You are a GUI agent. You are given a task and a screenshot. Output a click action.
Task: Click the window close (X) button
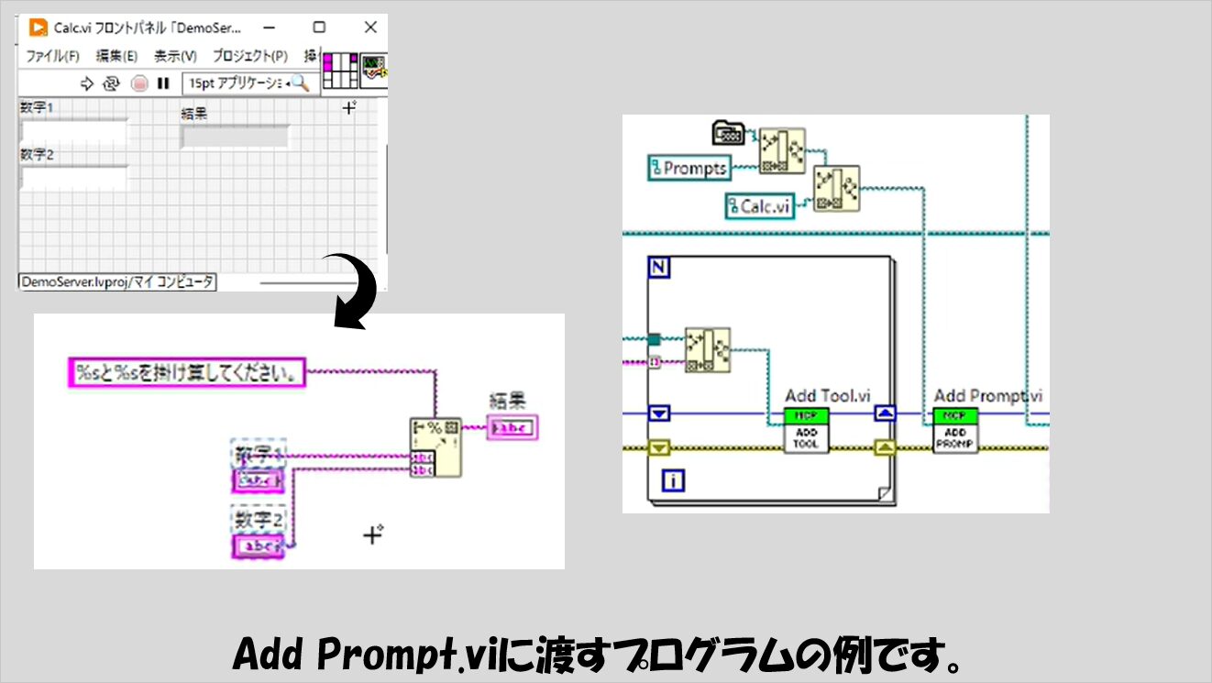pos(369,28)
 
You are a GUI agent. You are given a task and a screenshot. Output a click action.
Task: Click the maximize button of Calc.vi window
pos(319,28)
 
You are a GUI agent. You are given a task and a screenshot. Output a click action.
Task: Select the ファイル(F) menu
pos(52,56)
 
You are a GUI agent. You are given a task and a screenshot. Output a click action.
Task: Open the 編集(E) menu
pos(116,56)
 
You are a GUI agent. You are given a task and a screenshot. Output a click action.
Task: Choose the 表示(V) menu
pos(175,56)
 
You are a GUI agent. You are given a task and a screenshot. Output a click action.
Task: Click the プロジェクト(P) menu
pos(249,56)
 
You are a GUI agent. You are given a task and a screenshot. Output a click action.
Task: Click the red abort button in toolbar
pos(139,83)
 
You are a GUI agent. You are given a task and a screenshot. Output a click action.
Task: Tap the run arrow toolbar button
pos(88,83)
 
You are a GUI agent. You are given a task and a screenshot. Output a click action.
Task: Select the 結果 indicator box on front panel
pos(235,137)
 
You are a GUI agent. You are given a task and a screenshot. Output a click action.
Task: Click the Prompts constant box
pos(688,168)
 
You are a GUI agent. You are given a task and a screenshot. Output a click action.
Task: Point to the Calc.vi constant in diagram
pos(759,206)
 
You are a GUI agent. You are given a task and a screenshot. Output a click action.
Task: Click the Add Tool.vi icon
pos(806,430)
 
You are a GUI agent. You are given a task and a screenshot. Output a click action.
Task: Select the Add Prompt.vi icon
pos(955,430)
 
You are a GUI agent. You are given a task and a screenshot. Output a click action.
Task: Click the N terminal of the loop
pos(658,268)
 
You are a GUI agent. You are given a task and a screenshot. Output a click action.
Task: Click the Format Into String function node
pos(435,448)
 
